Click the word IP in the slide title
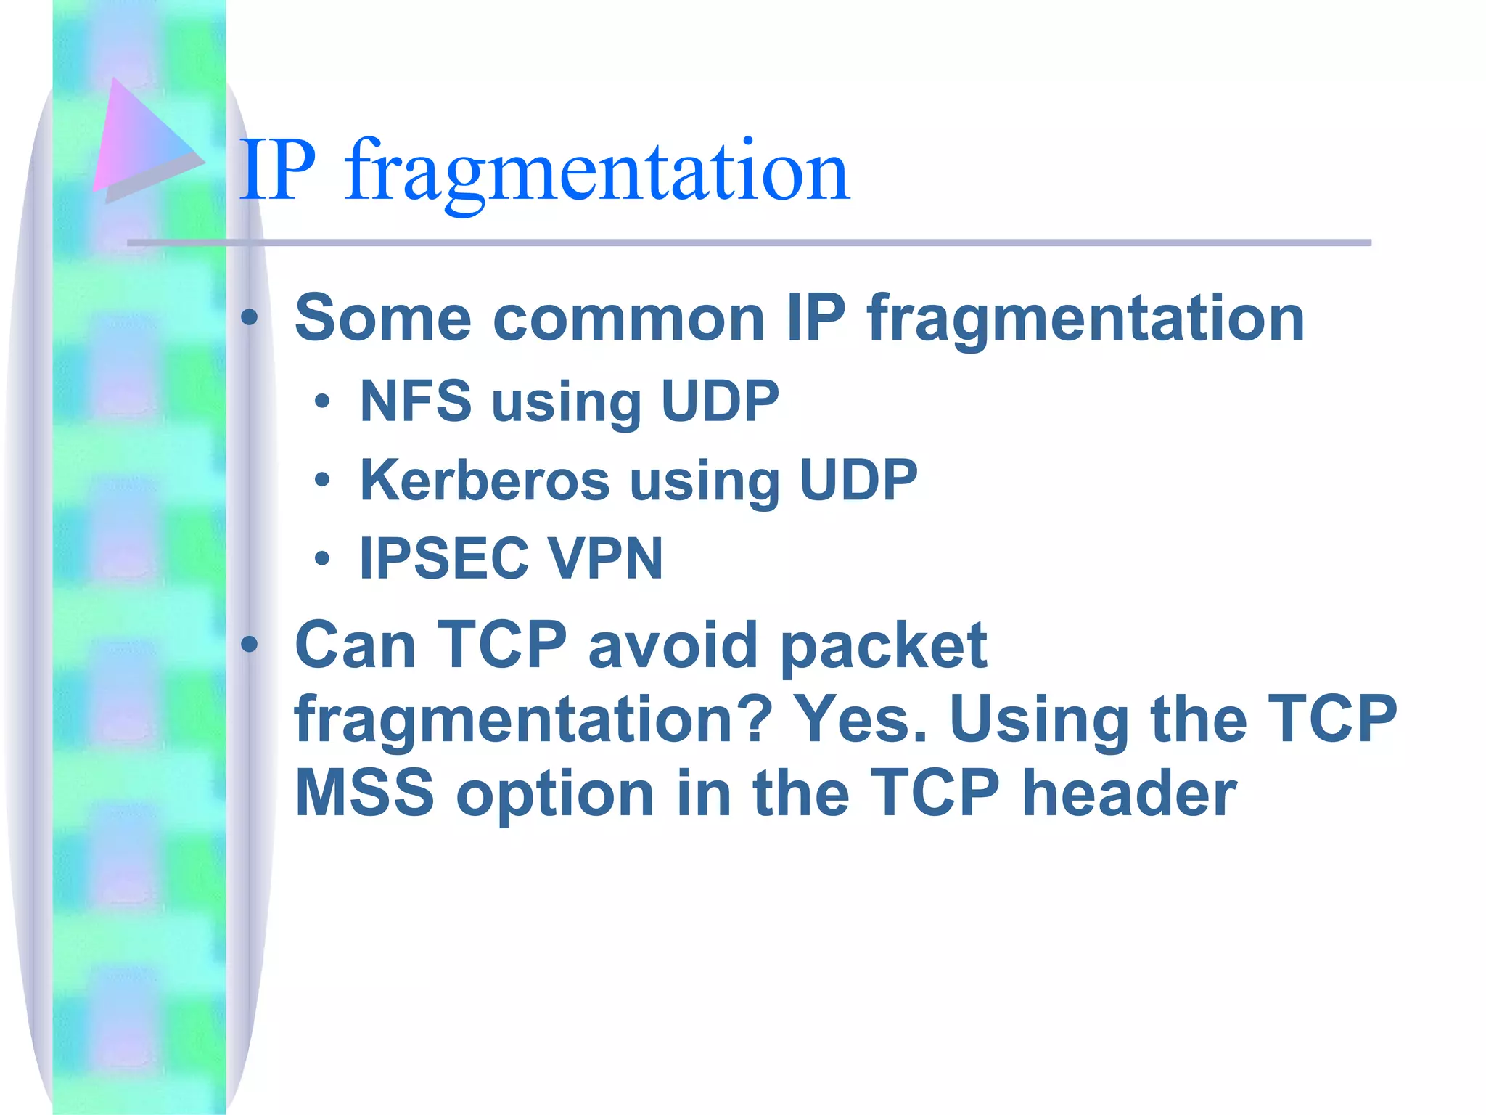point(278,171)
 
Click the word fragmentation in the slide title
point(596,173)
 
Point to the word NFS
point(415,401)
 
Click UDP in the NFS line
point(720,401)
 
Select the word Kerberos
point(485,480)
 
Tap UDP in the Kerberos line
point(858,480)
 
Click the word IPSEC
point(443,558)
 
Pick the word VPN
point(605,558)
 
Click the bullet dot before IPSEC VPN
point(322,559)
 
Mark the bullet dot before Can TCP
point(250,645)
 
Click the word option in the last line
point(556,795)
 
